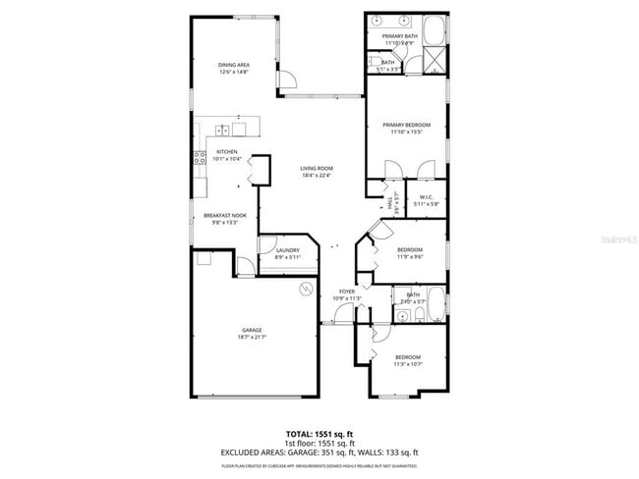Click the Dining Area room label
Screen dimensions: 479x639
pyautogui.click(x=233, y=65)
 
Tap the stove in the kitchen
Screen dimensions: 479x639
pyautogui.click(x=200, y=156)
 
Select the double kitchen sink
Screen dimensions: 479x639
pyautogui.click(x=223, y=129)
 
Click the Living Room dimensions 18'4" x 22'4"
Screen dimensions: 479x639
pyautogui.click(x=317, y=176)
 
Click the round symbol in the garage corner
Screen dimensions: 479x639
pyautogui.click(x=306, y=288)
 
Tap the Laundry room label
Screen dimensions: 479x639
pyautogui.click(x=287, y=250)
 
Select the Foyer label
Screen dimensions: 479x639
pyautogui.click(x=347, y=292)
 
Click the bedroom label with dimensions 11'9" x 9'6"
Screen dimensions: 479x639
pyautogui.click(x=409, y=249)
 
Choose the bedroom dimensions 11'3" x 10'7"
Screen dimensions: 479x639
pyautogui.click(x=407, y=363)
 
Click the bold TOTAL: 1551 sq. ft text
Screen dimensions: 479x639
pyautogui.click(x=319, y=433)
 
